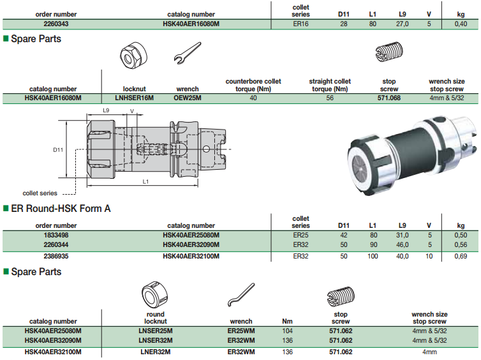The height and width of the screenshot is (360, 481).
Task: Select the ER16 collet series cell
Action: pyautogui.click(x=300, y=24)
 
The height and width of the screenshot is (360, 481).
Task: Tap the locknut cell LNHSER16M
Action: pyautogui.click(x=135, y=98)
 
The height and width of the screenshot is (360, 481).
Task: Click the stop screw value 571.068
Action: pyautogui.click(x=389, y=98)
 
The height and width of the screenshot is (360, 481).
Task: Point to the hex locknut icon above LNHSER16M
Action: pyautogui.click(x=131, y=56)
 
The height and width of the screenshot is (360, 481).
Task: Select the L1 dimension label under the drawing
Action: pyautogui.click(x=145, y=182)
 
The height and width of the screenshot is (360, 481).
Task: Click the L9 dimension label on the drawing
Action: pyautogui.click(x=107, y=111)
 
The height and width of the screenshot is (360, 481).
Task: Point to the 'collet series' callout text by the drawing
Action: pyautogui.click(x=40, y=193)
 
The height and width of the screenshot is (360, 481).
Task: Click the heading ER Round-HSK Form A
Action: pyautogui.click(x=62, y=208)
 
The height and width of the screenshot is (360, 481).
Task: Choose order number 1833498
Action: pyautogui.click(x=56, y=235)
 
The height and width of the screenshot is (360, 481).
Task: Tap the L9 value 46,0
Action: pyautogui.click(x=403, y=244)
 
